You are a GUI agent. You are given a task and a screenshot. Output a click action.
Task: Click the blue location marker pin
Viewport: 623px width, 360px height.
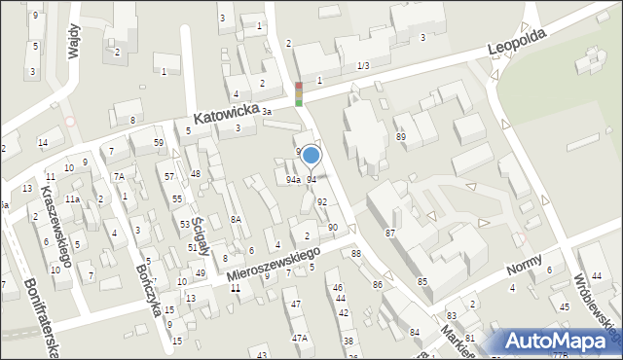pyautogui.click(x=311, y=155)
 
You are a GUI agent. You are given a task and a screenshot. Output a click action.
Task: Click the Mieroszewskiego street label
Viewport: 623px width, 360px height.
pyautogui.click(x=275, y=264)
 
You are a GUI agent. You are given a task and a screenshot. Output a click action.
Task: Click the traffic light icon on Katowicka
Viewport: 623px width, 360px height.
pyautogui.click(x=299, y=93)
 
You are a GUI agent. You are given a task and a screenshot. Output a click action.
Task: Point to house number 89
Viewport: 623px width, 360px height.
pyautogui.click(x=400, y=137)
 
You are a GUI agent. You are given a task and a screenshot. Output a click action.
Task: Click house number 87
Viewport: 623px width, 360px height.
pyautogui.click(x=390, y=233)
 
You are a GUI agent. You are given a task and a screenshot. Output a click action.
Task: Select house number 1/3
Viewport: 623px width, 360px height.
pyautogui.click(x=363, y=65)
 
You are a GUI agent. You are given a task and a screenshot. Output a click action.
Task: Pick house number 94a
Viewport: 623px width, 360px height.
pyautogui.click(x=293, y=180)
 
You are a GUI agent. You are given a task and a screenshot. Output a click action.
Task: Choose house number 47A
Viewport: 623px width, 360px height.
pyautogui.click(x=300, y=338)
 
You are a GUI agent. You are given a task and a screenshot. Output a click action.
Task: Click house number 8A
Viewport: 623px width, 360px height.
pyautogui.click(x=236, y=220)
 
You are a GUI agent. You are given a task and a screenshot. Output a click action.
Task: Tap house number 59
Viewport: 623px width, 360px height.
pyautogui.click(x=159, y=143)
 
